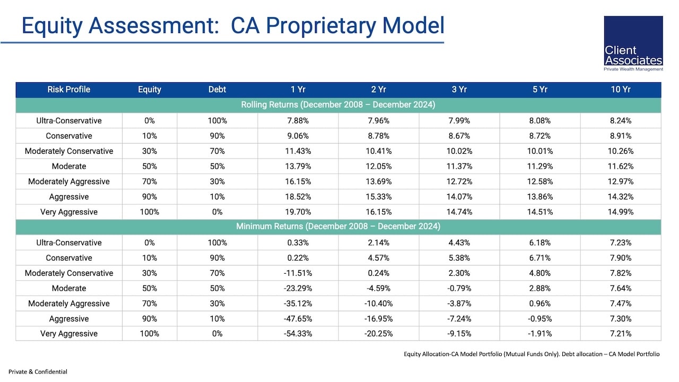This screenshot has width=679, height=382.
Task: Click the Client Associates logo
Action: click(x=633, y=44)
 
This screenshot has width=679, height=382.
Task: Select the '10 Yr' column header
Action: click(x=621, y=90)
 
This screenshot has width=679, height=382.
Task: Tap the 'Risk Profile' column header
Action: click(x=69, y=90)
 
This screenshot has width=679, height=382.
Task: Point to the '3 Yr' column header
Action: click(x=459, y=90)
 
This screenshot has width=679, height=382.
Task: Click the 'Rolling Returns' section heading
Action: click(x=338, y=105)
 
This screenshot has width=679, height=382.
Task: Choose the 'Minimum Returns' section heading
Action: click(x=338, y=227)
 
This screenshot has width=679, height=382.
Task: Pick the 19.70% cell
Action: click(x=298, y=212)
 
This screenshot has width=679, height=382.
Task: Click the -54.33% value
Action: click(x=298, y=334)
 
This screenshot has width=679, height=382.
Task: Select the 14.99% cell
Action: click(x=621, y=212)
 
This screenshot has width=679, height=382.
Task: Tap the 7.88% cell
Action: click(x=298, y=120)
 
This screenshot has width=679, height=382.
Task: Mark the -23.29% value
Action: click(x=298, y=288)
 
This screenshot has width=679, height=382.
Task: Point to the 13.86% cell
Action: click(x=540, y=197)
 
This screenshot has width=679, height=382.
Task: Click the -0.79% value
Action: click(x=459, y=288)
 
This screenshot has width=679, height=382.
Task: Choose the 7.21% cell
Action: click(x=621, y=334)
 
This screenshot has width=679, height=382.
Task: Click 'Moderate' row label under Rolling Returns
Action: click(x=69, y=166)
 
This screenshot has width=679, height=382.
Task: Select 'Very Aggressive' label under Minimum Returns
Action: click(x=69, y=334)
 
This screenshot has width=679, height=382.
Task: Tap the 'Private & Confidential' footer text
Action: click(x=38, y=372)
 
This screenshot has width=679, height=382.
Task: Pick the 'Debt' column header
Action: click(x=217, y=90)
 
